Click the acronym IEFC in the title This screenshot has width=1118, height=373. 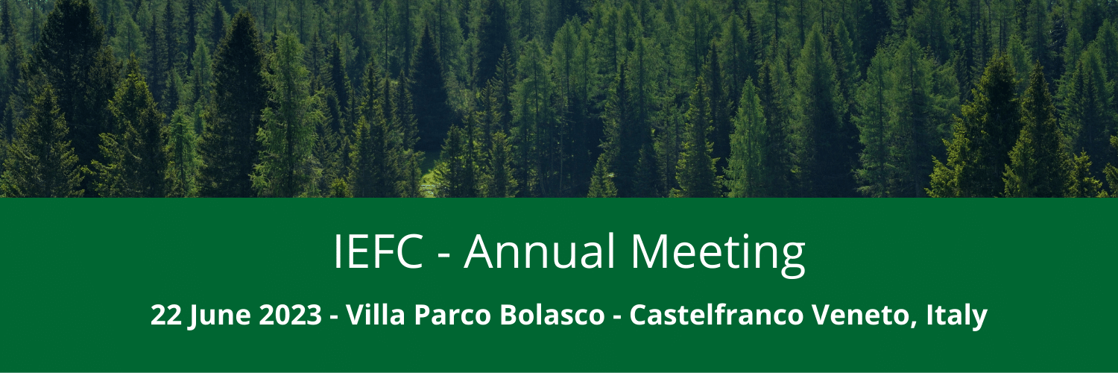tap(378, 251)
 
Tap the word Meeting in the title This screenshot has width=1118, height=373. tap(718, 254)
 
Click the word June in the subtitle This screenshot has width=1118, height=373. tap(220, 317)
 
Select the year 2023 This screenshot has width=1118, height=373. tap(291, 315)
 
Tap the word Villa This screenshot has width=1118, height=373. tap(375, 314)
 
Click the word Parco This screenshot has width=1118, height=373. tap(452, 315)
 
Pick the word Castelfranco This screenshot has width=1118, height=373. tap(716, 314)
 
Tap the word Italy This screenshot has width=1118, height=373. tap(956, 316)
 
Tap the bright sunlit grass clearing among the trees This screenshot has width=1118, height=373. tap(430, 172)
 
